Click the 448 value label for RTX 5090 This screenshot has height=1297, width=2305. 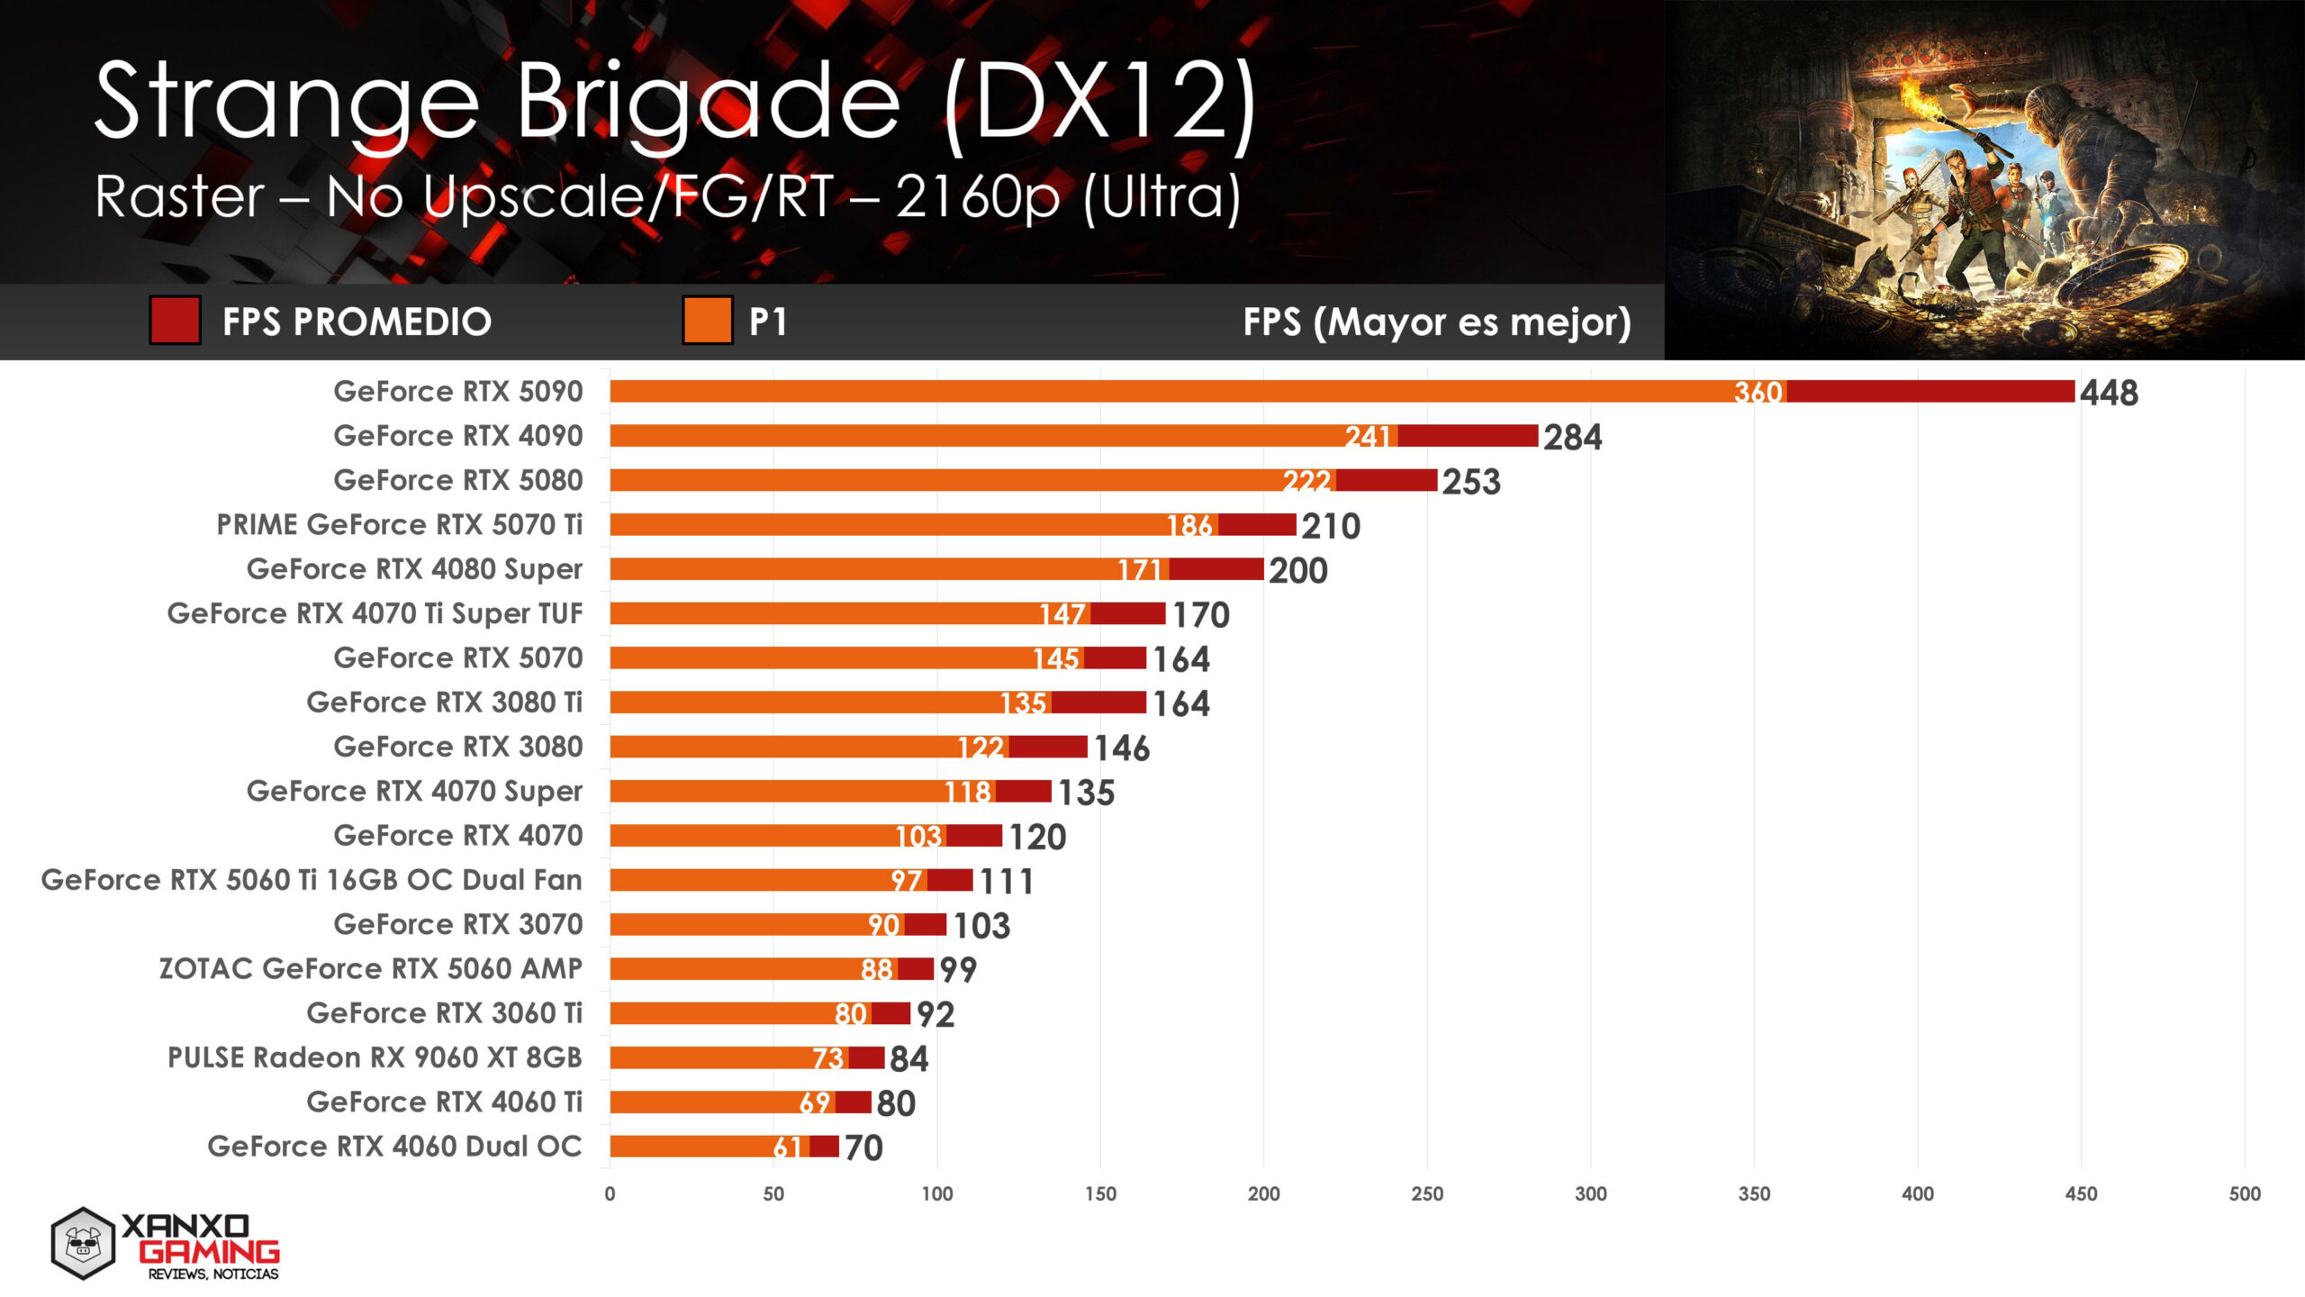(2109, 393)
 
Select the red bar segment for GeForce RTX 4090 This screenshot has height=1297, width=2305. (1468, 436)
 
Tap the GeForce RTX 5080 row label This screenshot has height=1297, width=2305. (458, 480)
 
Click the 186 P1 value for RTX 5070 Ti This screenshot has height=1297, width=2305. (1189, 525)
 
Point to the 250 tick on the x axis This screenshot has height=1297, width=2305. (1427, 1193)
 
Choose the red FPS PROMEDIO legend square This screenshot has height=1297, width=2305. (175, 321)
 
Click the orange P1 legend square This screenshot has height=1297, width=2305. (707, 321)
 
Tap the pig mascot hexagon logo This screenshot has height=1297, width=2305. (83, 1244)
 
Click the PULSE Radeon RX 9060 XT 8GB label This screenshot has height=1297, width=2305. (375, 1057)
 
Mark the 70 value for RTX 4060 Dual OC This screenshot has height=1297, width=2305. (863, 1147)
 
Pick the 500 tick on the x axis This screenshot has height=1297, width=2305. (2245, 1193)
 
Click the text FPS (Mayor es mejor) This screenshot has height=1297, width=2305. (1437, 322)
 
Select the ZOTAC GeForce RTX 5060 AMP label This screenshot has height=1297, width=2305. (370, 968)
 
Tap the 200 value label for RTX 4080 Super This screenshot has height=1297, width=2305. (1298, 570)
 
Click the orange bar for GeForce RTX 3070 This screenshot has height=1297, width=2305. (738, 924)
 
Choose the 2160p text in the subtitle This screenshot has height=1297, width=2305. (978, 196)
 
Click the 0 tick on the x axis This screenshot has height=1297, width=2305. (610, 1193)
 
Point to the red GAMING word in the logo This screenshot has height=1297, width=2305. (210, 1252)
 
